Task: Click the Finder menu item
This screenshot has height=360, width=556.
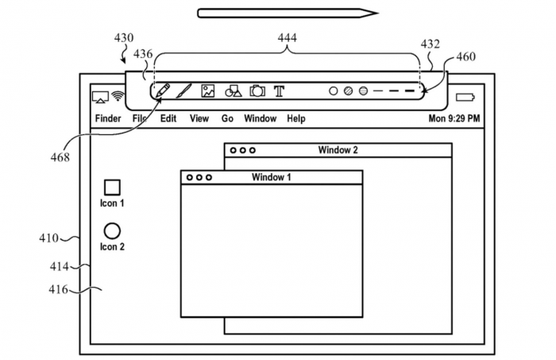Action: [x=108, y=119]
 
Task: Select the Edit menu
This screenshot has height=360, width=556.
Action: [x=168, y=119]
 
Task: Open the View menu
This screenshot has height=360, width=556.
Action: [x=199, y=119]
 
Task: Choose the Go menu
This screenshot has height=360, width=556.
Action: [x=227, y=119]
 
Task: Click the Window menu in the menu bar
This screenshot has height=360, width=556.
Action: [x=260, y=119]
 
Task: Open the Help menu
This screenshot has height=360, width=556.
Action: [x=295, y=119]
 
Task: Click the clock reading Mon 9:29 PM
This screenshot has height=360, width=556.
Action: [x=454, y=119]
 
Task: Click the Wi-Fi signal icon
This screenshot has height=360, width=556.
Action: [x=118, y=97]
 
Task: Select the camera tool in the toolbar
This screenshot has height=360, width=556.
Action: [x=257, y=91]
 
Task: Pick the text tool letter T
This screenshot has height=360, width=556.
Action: [x=279, y=91]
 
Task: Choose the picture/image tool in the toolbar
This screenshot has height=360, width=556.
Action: [x=208, y=91]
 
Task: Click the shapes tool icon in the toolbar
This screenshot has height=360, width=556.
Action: [x=233, y=91]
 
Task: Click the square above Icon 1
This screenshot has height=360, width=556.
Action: [x=112, y=187]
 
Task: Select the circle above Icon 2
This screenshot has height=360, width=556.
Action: [x=112, y=230]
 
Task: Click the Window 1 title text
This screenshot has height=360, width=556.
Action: [x=271, y=177]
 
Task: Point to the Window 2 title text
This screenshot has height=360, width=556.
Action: [x=338, y=150]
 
